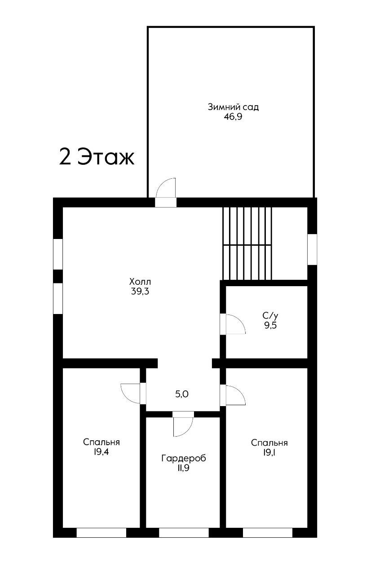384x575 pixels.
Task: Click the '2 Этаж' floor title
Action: point(97,157)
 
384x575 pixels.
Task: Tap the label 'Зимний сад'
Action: point(233,107)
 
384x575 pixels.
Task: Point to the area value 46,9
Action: point(233,117)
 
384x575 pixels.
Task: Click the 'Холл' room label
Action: point(140,282)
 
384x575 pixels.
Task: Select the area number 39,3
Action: point(140,292)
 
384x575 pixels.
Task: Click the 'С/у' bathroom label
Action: point(270,315)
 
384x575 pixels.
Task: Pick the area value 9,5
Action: point(270,326)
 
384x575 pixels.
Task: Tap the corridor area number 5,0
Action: point(182,394)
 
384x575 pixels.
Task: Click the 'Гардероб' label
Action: point(184,459)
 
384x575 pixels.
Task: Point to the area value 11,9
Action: point(183,468)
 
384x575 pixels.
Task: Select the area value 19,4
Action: point(102,452)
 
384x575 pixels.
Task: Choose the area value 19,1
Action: point(269,452)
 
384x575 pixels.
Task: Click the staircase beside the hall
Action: point(247,243)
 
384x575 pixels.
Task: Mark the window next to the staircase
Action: point(312,249)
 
